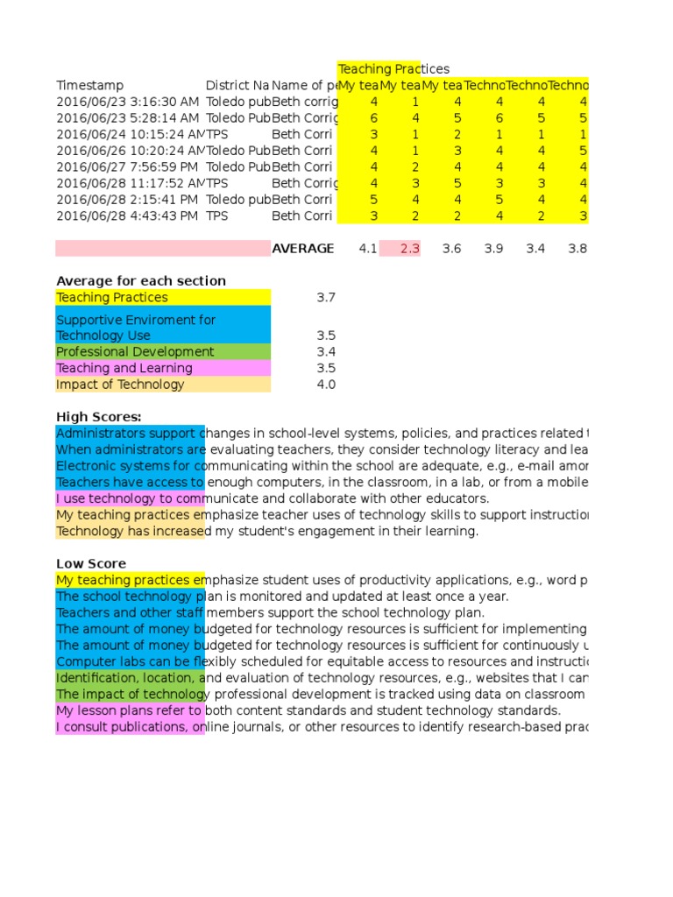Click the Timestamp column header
pyautogui.click(x=90, y=85)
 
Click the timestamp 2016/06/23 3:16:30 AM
pyautogui.click(x=127, y=102)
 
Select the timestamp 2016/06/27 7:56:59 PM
pyautogui.click(x=127, y=166)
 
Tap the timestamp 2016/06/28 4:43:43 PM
pyautogui.click(x=127, y=215)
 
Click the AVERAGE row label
pyautogui.click(x=302, y=249)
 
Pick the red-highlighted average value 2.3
pyautogui.click(x=410, y=249)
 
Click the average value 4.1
pyautogui.click(x=368, y=249)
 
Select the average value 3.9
pyautogui.click(x=494, y=249)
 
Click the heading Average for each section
pyautogui.click(x=141, y=281)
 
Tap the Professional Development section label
pyautogui.click(x=135, y=352)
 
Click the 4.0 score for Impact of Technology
pyautogui.click(x=325, y=385)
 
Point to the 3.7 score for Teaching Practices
pyautogui.click(x=325, y=298)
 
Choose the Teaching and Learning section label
pyautogui.click(x=124, y=369)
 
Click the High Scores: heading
pyautogui.click(x=99, y=417)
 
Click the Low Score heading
pyautogui.click(x=91, y=564)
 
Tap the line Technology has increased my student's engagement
pyautogui.click(x=267, y=532)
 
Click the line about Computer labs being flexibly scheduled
pyautogui.click(x=321, y=661)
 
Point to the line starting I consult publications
pyautogui.click(x=321, y=727)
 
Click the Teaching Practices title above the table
pyautogui.click(x=393, y=69)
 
